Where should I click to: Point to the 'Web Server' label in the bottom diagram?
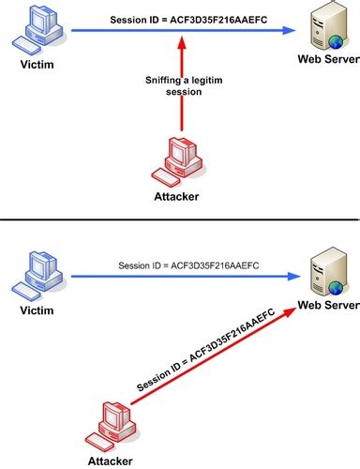click(321, 306)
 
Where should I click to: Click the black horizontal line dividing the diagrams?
click(180, 219)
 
